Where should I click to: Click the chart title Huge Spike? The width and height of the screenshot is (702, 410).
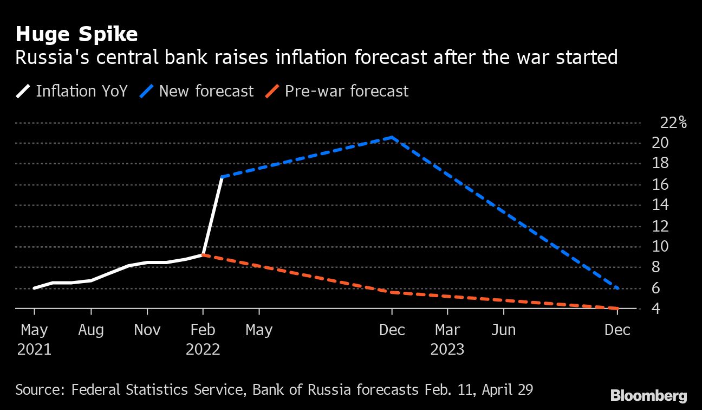[76, 35]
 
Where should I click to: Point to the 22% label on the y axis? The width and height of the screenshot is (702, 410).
[673, 123]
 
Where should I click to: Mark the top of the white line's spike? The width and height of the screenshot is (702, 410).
[222, 177]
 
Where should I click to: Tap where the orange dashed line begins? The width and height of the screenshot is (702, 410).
[203, 255]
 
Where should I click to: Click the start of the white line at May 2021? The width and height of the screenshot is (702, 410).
[34, 288]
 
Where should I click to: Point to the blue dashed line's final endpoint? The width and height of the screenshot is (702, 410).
[618, 288]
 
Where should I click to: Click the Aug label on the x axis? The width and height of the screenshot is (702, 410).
[91, 330]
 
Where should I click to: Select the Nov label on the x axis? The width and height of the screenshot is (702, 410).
[147, 330]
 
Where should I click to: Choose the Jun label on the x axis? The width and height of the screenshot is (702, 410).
[503, 330]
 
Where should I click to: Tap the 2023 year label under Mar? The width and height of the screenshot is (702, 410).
[447, 349]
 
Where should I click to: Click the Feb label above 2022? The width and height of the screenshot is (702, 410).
[203, 330]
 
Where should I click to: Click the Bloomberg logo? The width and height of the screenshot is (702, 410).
[648, 396]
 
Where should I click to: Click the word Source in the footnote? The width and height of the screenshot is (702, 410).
[37, 389]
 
